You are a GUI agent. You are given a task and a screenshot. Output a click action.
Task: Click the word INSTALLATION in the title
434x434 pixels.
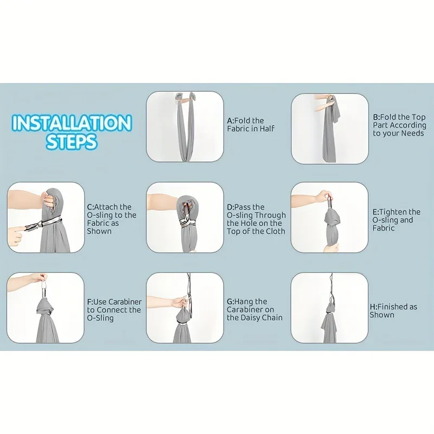coord(72,123)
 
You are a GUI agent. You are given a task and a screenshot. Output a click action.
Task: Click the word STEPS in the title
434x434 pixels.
coord(72,142)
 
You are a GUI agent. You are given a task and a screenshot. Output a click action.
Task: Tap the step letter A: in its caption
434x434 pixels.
coord(231,120)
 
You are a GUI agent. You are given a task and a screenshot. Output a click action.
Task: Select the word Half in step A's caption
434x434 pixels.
coord(267,129)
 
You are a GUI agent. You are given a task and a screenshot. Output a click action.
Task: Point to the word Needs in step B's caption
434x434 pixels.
coord(412,133)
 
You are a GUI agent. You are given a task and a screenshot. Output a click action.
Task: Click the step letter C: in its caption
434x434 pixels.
coord(91,207)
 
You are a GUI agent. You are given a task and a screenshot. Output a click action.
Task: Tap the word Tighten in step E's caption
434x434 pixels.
coord(393,212)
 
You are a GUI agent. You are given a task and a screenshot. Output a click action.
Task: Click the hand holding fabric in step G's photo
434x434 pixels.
coord(181,302)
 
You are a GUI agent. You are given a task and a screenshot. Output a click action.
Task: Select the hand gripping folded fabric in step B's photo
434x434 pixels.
coord(330,100)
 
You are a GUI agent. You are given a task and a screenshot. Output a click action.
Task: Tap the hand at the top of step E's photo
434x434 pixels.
coord(323,196)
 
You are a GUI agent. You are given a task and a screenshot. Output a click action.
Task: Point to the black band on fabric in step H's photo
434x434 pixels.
coord(329,312)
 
